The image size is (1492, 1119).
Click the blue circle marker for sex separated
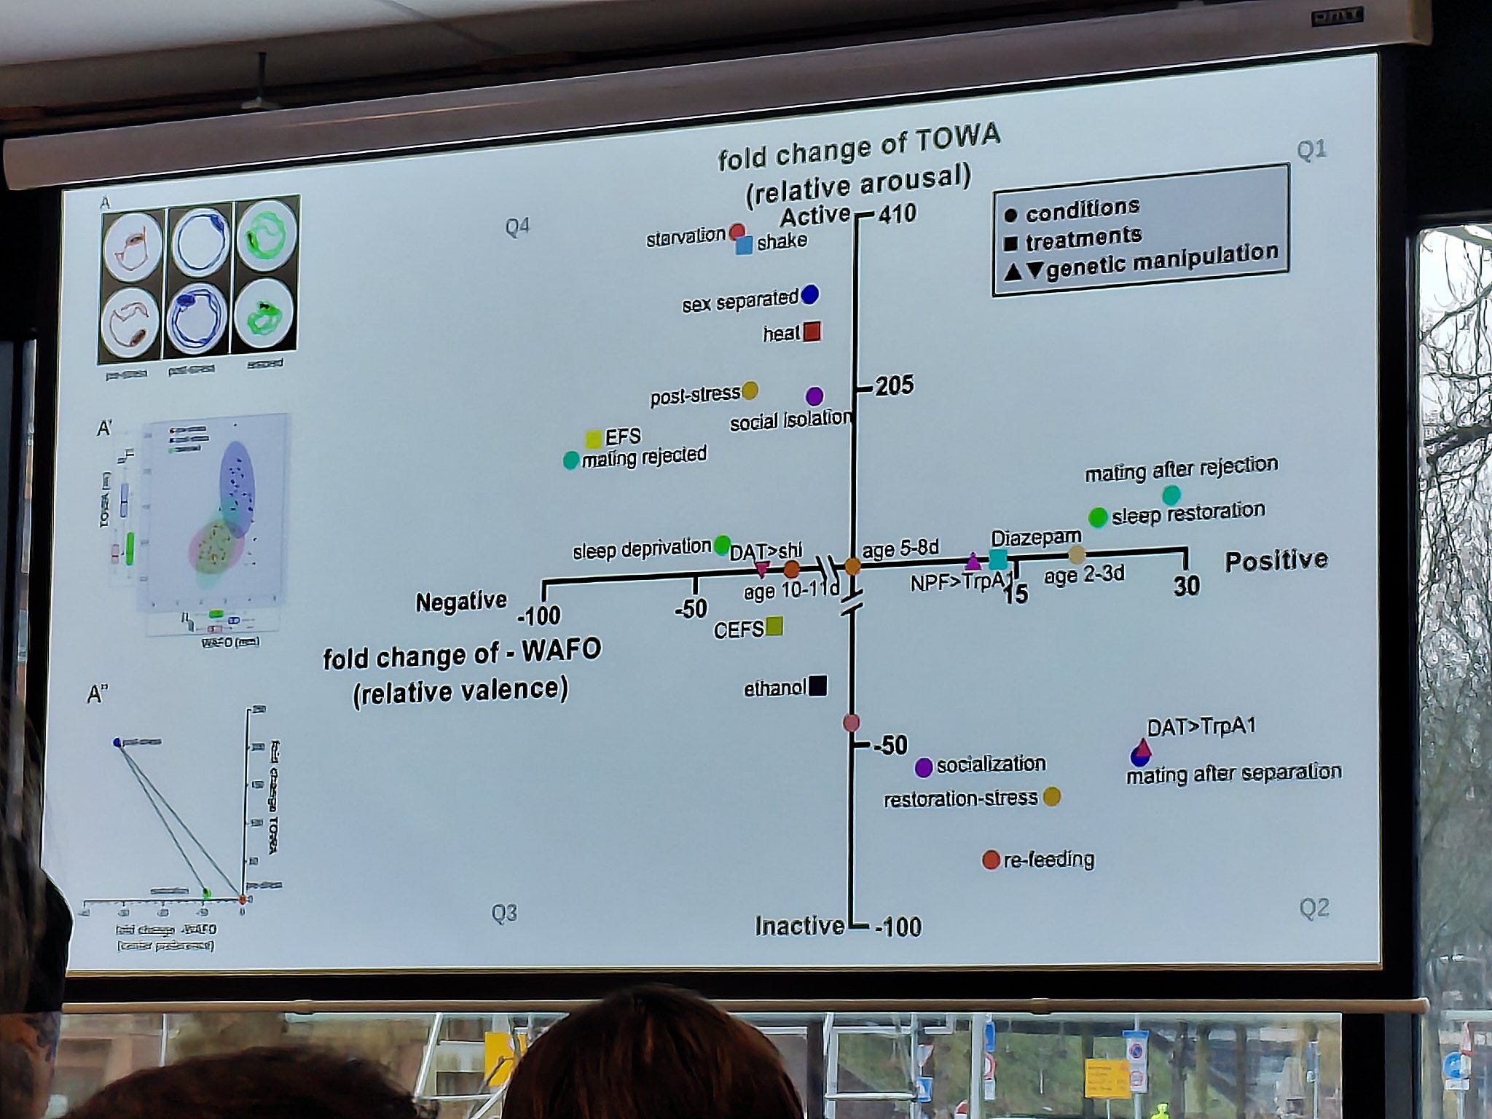tap(809, 295)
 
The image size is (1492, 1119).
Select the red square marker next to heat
tap(812, 332)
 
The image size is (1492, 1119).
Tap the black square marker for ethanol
tap(817, 686)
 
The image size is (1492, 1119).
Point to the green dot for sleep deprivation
tap(722, 544)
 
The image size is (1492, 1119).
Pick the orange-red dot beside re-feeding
tap(990, 860)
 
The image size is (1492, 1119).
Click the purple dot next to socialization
tap(923, 767)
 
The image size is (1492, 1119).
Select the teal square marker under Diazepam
tap(997, 559)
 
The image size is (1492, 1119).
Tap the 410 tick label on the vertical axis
tap(897, 214)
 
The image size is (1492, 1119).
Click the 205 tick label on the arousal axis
tap(894, 385)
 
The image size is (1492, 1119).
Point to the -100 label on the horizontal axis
tap(539, 616)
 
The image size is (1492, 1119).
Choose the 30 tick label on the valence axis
tap(1186, 586)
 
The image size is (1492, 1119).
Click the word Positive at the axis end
tap(1276, 560)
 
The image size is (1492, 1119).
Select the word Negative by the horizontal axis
tap(461, 602)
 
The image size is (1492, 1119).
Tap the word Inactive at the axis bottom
tap(799, 926)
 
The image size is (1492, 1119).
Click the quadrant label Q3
tap(503, 913)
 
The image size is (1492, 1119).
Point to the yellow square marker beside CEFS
tap(774, 627)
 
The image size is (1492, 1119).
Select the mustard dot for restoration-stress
tap(1051, 797)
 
